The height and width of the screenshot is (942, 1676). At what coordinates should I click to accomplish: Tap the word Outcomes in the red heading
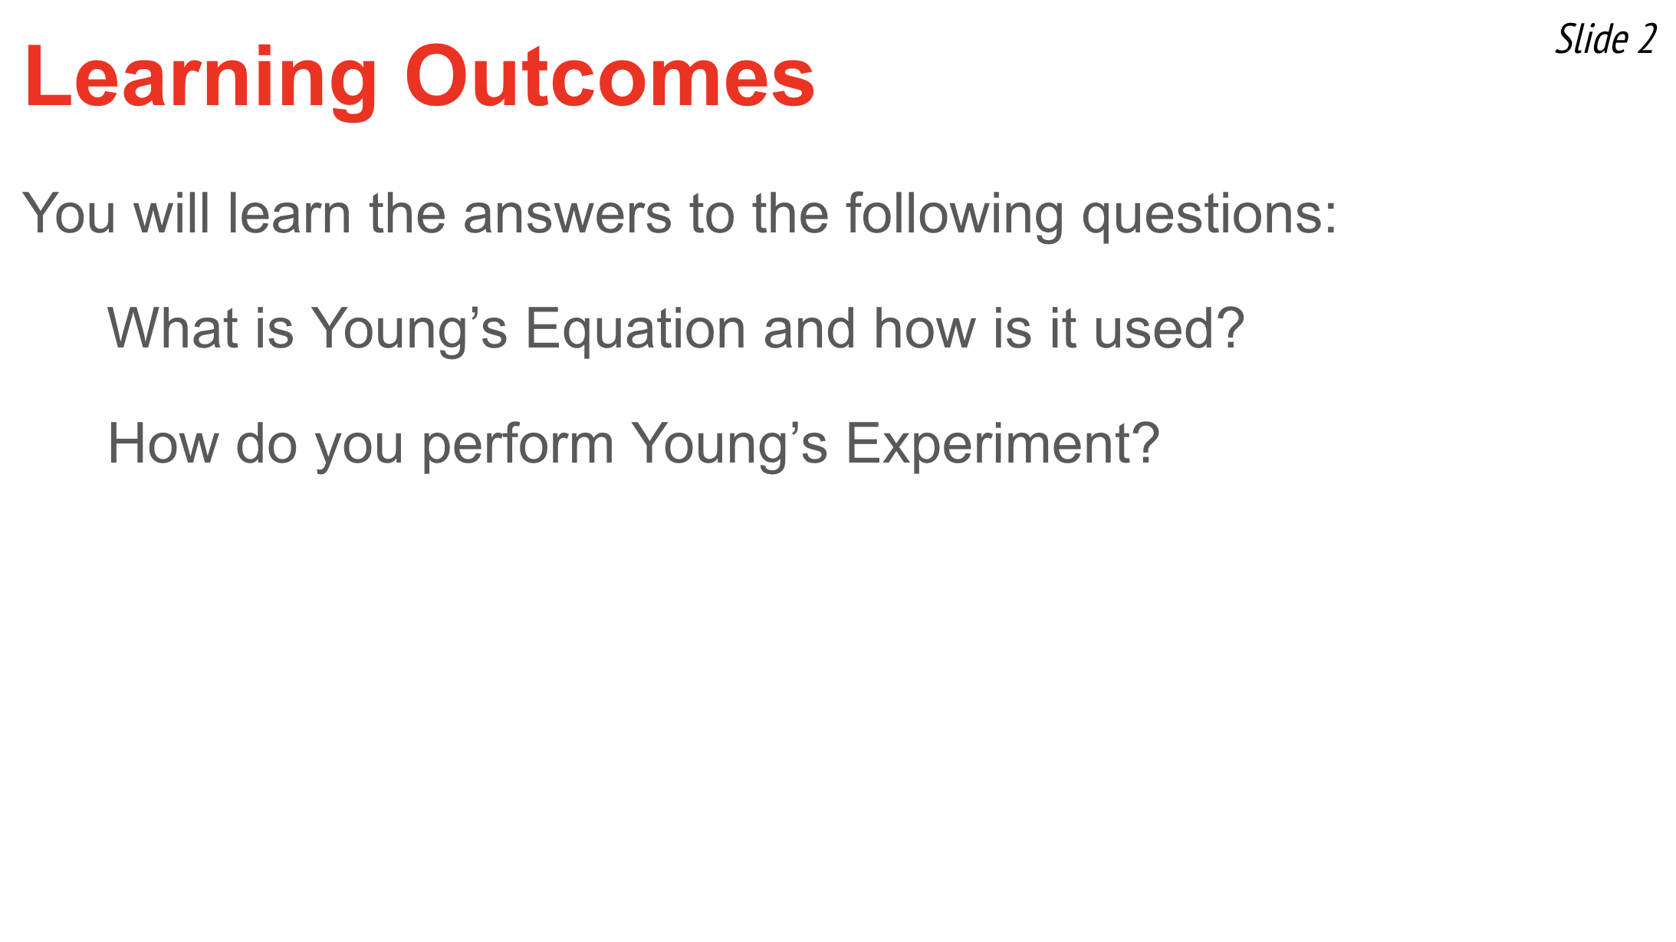pyautogui.click(x=610, y=77)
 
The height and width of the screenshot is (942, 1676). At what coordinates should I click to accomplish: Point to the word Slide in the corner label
pyautogui.click(x=1592, y=39)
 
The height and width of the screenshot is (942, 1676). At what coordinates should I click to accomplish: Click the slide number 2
pyautogui.click(x=1647, y=39)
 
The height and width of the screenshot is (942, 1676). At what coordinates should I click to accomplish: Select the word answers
pyautogui.click(x=567, y=214)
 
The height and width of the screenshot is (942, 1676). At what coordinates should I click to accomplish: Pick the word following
pyautogui.click(x=955, y=216)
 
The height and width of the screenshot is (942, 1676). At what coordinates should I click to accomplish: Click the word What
pyautogui.click(x=173, y=328)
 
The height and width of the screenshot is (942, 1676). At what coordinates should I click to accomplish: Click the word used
pyautogui.click(x=1147, y=328)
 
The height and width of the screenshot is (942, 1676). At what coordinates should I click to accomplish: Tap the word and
pyautogui.click(x=810, y=328)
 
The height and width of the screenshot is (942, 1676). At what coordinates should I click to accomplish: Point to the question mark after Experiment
pyautogui.click(x=1143, y=443)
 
